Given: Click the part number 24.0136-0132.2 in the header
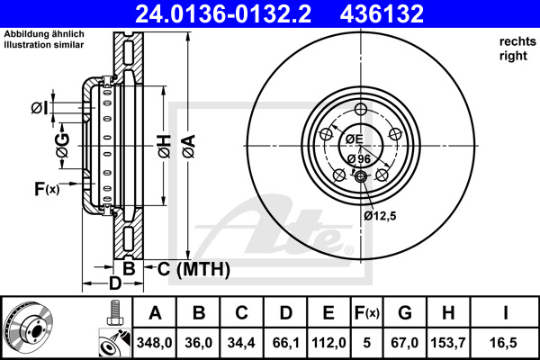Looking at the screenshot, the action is pyautogui.click(x=223, y=13).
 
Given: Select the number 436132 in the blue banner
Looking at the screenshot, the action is pyautogui.click(x=382, y=13).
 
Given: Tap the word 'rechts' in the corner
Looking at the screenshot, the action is pyautogui.click(x=517, y=41).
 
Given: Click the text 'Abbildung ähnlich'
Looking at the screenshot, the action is pyautogui.click(x=44, y=34).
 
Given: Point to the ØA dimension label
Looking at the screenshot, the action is pyautogui.click(x=189, y=147).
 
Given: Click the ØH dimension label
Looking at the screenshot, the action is pyautogui.click(x=165, y=147).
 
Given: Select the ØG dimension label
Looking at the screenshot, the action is pyautogui.click(x=63, y=146).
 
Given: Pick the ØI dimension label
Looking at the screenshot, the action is pyautogui.click(x=40, y=108).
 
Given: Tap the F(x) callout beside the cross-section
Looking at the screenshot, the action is pyautogui.click(x=47, y=189).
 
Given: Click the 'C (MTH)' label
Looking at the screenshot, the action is pyautogui.click(x=193, y=269).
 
